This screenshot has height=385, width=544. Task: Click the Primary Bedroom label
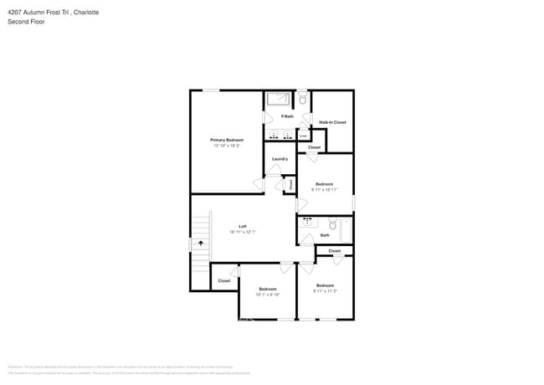pyautogui.click(x=227, y=140)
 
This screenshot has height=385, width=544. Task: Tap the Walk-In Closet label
pyautogui.click(x=332, y=122)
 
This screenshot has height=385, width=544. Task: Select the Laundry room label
pyautogui.click(x=280, y=159)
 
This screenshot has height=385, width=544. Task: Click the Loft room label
pyautogui.click(x=243, y=226)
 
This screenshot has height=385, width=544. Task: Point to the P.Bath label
pyautogui.click(x=287, y=116)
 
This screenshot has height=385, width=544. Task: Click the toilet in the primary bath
pyautogui.click(x=302, y=100)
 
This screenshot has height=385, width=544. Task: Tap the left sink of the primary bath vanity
pyautogui.click(x=274, y=135)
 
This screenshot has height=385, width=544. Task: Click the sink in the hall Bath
pyautogui.click(x=306, y=222)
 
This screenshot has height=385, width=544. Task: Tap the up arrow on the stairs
pyautogui.click(x=200, y=243)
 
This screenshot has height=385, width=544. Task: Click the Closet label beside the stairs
pyautogui.click(x=224, y=280)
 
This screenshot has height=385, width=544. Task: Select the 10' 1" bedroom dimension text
pyautogui.click(x=268, y=295)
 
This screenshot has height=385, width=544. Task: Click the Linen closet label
pyautogui.click(x=291, y=184)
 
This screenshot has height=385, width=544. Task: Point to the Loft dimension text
pyautogui.click(x=243, y=232)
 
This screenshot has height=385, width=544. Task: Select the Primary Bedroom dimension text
pyautogui.click(x=227, y=146)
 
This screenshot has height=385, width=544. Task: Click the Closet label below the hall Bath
pyautogui.click(x=334, y=251)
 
